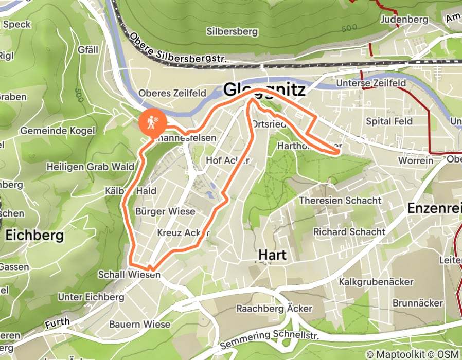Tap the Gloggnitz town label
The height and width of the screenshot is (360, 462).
(264, 91)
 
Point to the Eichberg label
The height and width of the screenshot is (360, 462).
(34, 236)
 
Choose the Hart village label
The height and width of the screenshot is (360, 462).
(272, 255)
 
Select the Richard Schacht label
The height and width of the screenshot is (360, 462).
(349, 231)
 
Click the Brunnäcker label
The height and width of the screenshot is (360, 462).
(417, 303)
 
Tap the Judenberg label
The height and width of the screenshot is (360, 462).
(405, 20)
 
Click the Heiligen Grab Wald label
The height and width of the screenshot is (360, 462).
(90, 167)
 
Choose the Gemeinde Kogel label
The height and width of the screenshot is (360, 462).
(58, 131)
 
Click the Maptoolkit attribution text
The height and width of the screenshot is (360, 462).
(394, 354)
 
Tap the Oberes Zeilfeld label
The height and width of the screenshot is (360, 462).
(172, 93)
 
